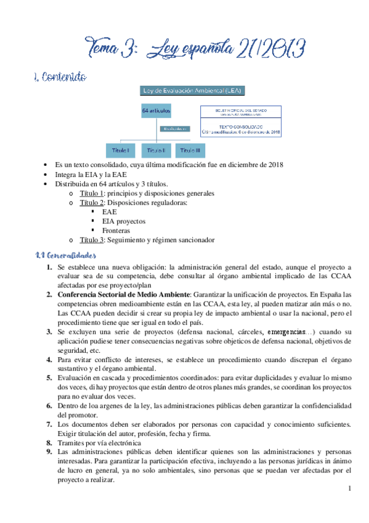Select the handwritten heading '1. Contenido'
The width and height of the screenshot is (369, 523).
pyautogui.click(x=60, y=78)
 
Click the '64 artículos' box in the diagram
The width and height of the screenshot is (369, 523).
pyautogui.click(x=156, y=110)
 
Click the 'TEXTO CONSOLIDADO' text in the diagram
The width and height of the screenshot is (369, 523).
pyautogui.click(x=241, y=125)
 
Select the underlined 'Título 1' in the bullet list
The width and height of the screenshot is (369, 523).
pyautogui.click(x=92, y=193)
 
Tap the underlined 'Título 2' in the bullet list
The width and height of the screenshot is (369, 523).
pyautogui.click(x=92, y=202)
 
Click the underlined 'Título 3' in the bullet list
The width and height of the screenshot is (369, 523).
pyautogui.click(x=92, y=240)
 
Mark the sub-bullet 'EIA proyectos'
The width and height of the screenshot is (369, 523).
pyautogui.click(x=124, y=221)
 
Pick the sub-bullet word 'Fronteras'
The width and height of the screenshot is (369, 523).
pyautogui.click(x=117, y=230)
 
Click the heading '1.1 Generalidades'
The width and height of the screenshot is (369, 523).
pyautogui.click(x=65, y=255)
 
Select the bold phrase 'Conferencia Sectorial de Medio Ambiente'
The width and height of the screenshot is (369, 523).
pyautogui.click(x=124, y=294)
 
